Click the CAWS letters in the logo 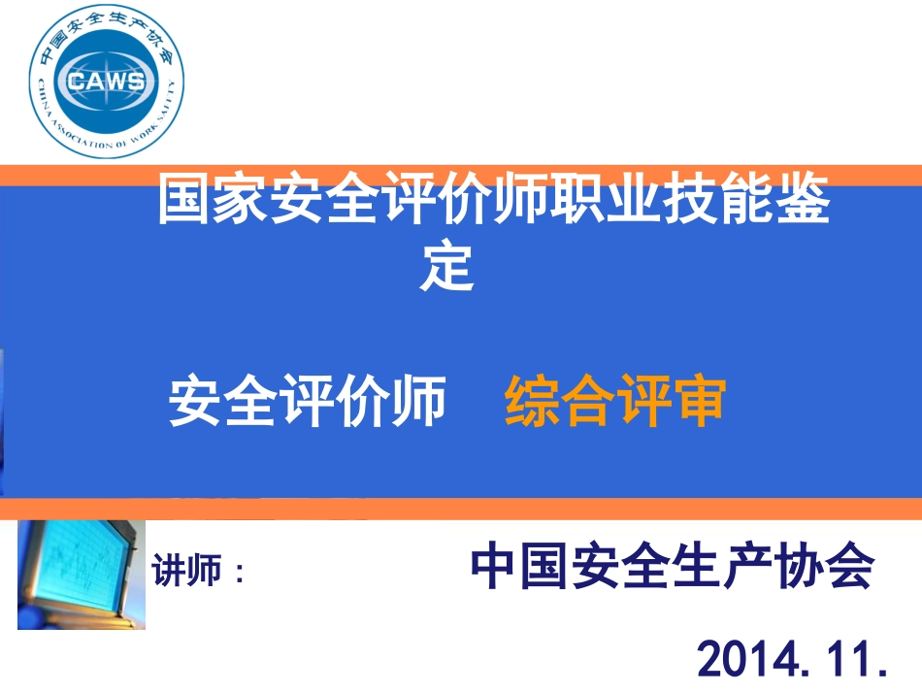[107, 81]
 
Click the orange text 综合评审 [615, 401]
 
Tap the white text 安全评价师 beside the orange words [307, 401]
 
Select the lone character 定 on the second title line [446, 265]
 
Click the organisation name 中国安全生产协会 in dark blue [673, 566]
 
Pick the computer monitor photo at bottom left [82, 575]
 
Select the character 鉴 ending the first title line [803, 198]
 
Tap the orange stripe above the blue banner [461, 176]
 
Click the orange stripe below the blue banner [461, 509]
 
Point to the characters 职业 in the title [606, 198]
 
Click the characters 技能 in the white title [718, 198]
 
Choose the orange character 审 [700, 401]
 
